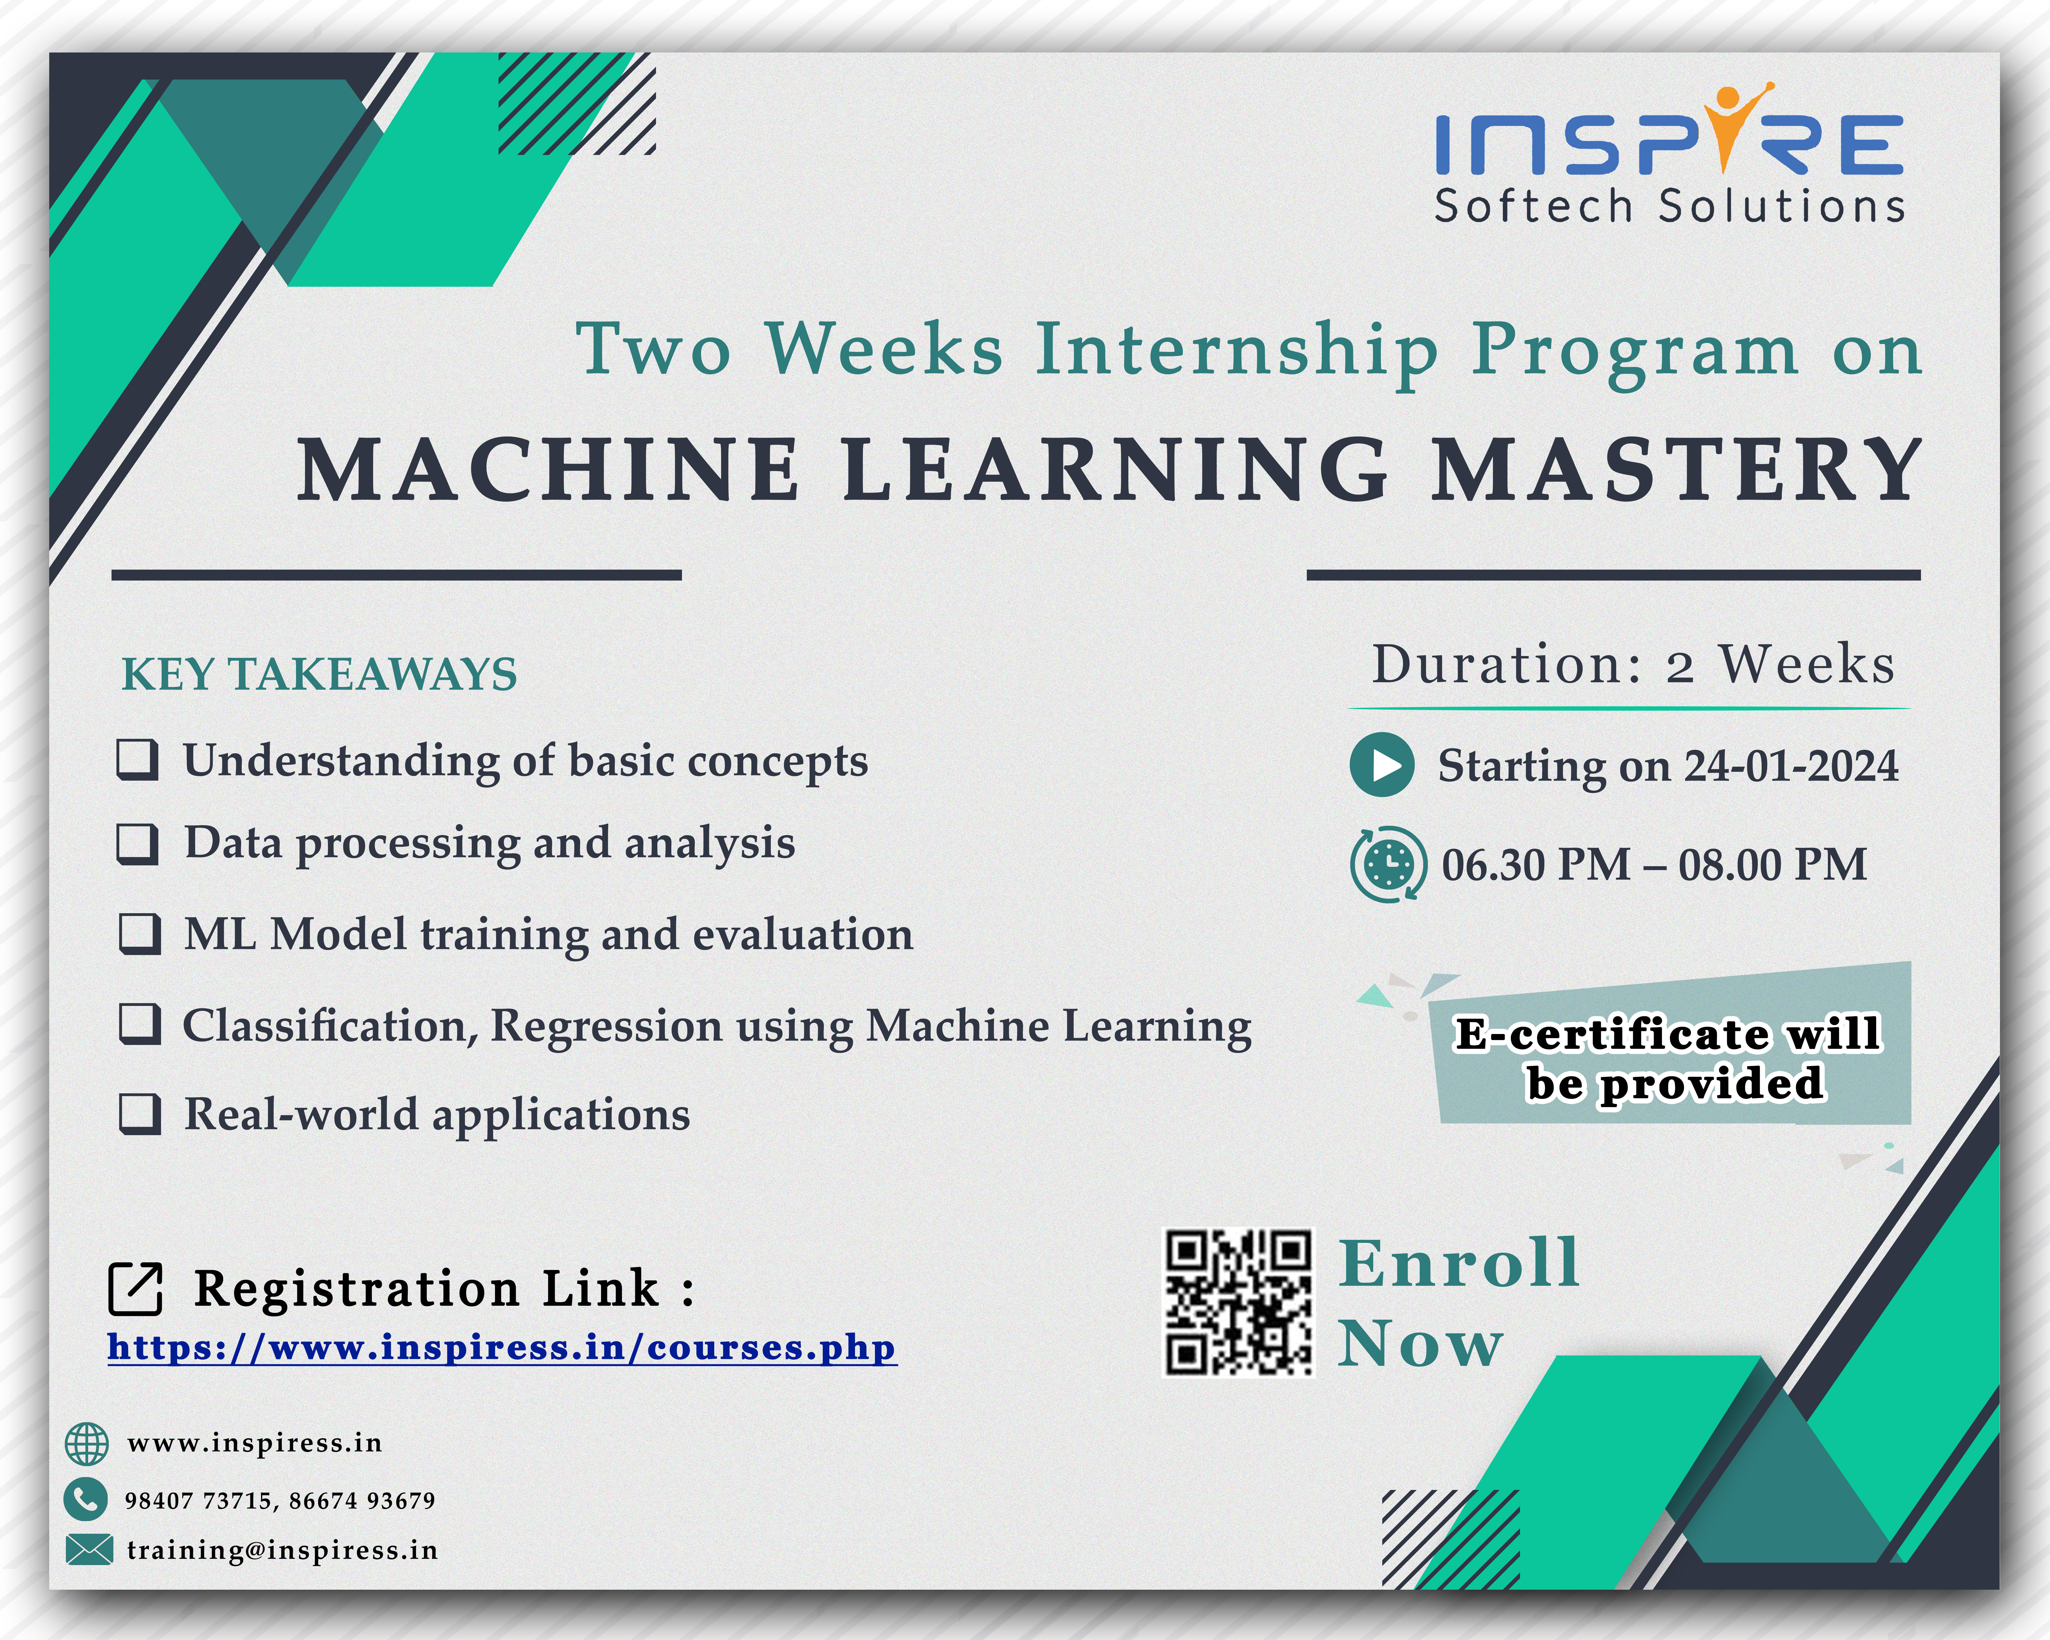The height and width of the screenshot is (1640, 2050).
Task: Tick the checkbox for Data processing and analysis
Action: coord(138,843)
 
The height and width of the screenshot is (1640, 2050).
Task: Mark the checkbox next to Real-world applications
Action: coord(140,1114)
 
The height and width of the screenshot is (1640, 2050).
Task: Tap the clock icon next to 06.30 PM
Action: coord(1388,864)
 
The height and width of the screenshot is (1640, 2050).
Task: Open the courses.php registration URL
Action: coord(502,1348)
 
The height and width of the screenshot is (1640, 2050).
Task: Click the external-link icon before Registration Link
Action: coord(136,1289)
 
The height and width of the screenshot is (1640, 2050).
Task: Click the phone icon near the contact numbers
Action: coord(86,1500)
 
